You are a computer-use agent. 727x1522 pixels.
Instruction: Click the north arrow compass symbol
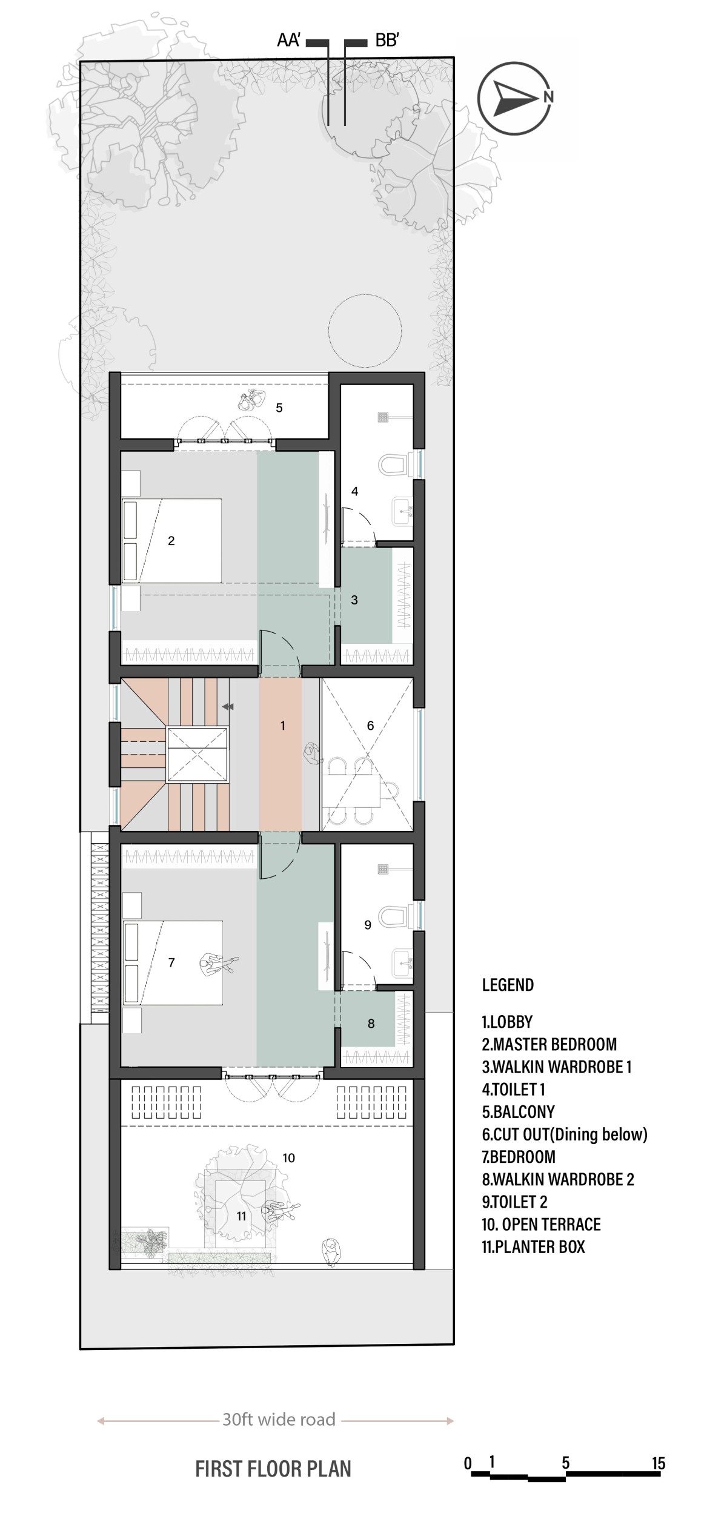coord(515,98)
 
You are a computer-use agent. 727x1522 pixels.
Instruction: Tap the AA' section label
coord(289,41)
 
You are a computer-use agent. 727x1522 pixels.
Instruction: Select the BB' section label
coord(387,41)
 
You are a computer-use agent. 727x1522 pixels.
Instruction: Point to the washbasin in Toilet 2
coord(402,964)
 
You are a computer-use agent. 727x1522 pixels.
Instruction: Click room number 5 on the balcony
coord(279,408)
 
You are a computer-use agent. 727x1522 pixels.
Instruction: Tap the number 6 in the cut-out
coord(371,726)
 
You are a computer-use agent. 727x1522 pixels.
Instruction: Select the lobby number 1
coord(282,726)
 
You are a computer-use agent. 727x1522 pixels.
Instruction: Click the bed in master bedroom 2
coord(172,540)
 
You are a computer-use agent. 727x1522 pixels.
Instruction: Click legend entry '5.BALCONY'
coord(519,1111)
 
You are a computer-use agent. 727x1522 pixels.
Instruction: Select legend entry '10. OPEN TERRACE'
coord(541,1224)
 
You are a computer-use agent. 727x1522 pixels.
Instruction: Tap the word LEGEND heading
coord(508,985)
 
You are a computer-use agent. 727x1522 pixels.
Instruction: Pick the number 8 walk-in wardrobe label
coord(371,1024)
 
